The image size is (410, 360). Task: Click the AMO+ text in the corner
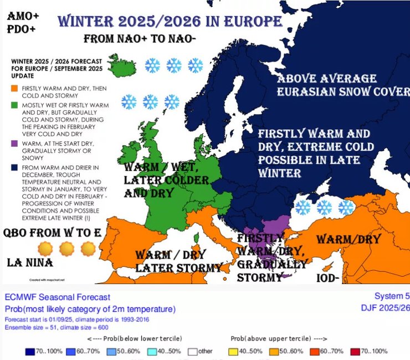pos(23,16)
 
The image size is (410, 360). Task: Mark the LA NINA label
pos(29,261)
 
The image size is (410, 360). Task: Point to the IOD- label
pos(326,278)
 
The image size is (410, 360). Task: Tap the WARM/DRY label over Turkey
pos(348,239)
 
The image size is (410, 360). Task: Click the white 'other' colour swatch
pos(192,351)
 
